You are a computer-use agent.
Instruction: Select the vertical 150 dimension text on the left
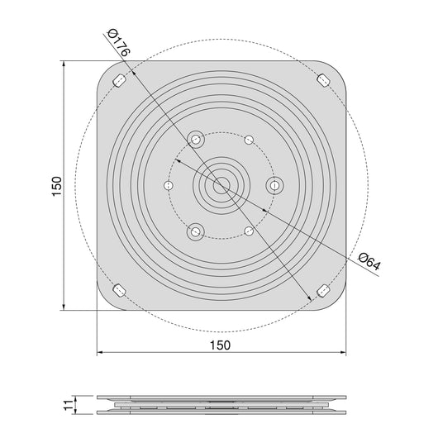[55, 186]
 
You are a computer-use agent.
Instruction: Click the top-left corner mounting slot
[119, 80]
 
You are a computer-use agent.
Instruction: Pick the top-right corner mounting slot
[323, 80]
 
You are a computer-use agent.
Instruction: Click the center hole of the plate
[221, 186]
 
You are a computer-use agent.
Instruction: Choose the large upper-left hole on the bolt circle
[196, 140]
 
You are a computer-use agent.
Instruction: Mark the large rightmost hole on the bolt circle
[274, 186]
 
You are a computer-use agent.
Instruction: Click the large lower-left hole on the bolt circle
[196, 231]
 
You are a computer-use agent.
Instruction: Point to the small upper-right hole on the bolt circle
[247, 140]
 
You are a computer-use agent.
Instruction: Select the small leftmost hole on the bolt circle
[168, 186]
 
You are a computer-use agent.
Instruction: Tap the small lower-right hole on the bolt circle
[247, 232]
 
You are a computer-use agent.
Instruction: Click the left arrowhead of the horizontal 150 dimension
[102, 353]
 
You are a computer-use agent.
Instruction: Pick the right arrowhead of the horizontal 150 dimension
[341, 353]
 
